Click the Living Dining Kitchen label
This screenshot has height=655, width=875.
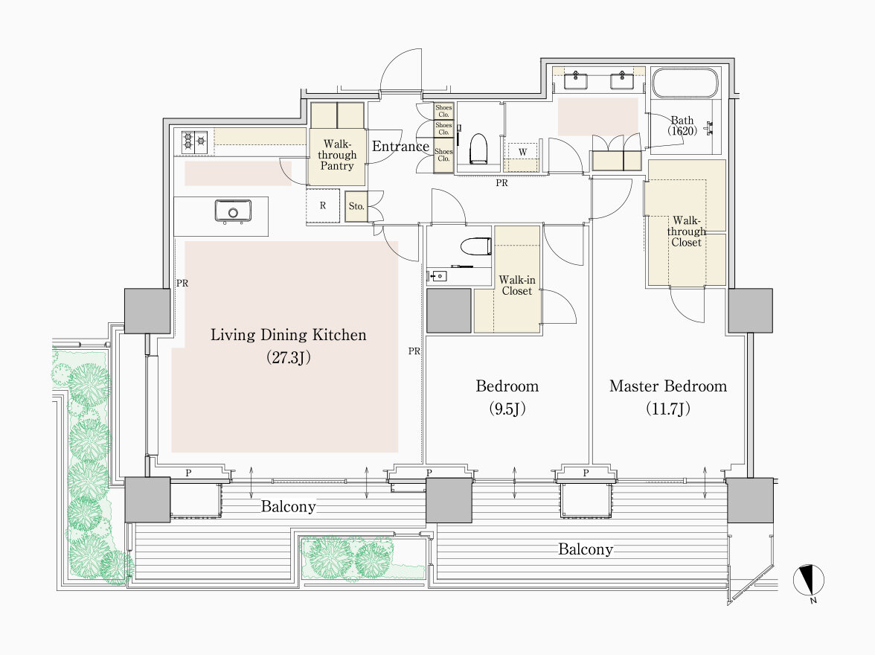pyautogui.click(x=288, y=334)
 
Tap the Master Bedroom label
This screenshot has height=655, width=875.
pyautogui.click(x=668, y=386)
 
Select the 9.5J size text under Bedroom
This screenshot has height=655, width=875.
pyautogui.click(x=507, y=409)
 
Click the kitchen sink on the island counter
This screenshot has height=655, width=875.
pyautogui.click(x=233, y=211)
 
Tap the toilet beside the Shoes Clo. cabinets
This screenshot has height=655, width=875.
pyautogui.click(x=479, y=149)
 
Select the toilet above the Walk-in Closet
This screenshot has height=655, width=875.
pyautogui.click(x=476, y=246)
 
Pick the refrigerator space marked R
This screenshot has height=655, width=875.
pyautogui.click(x=323, y=205)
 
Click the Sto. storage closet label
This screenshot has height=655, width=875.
pyautogui.click(x=356, y=206)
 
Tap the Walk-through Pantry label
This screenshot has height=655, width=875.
pyautogui.click(x=337, y=155)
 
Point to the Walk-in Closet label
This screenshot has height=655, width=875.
pyautogui.click(x=516, y=285)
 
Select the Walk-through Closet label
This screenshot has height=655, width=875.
pyautogui.click(x=686, y=231)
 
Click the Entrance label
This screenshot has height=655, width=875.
pyautogui.click(x=400, y=147)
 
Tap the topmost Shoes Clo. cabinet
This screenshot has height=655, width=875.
pyautogui.click(x=443, y=111)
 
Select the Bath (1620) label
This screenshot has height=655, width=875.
pyautogui.click(x=682, y=126)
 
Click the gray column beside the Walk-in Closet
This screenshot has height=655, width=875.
pyautogui.click(x=449, y=311)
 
